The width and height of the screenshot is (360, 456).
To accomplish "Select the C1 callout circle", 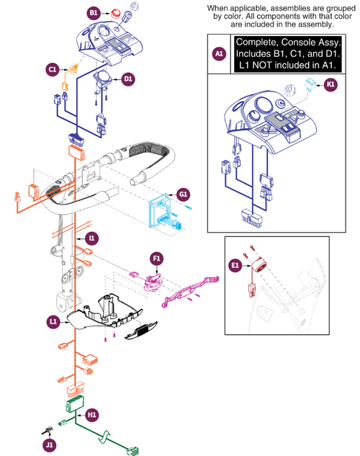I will click(x=53, y=69).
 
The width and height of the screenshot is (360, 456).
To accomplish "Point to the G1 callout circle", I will click(x=184, y=195).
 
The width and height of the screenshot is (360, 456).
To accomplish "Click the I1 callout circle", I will click(x=91, y=237).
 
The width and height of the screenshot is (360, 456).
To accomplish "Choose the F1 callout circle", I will click(x=157, y=258).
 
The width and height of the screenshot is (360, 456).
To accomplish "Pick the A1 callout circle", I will click(x=219, y=53).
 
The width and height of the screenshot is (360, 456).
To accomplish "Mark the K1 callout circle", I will click(x=330, y=84).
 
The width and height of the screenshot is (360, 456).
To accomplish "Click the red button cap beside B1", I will click(x=114, y=14).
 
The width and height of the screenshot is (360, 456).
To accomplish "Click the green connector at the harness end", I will click(x=133, y=452).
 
